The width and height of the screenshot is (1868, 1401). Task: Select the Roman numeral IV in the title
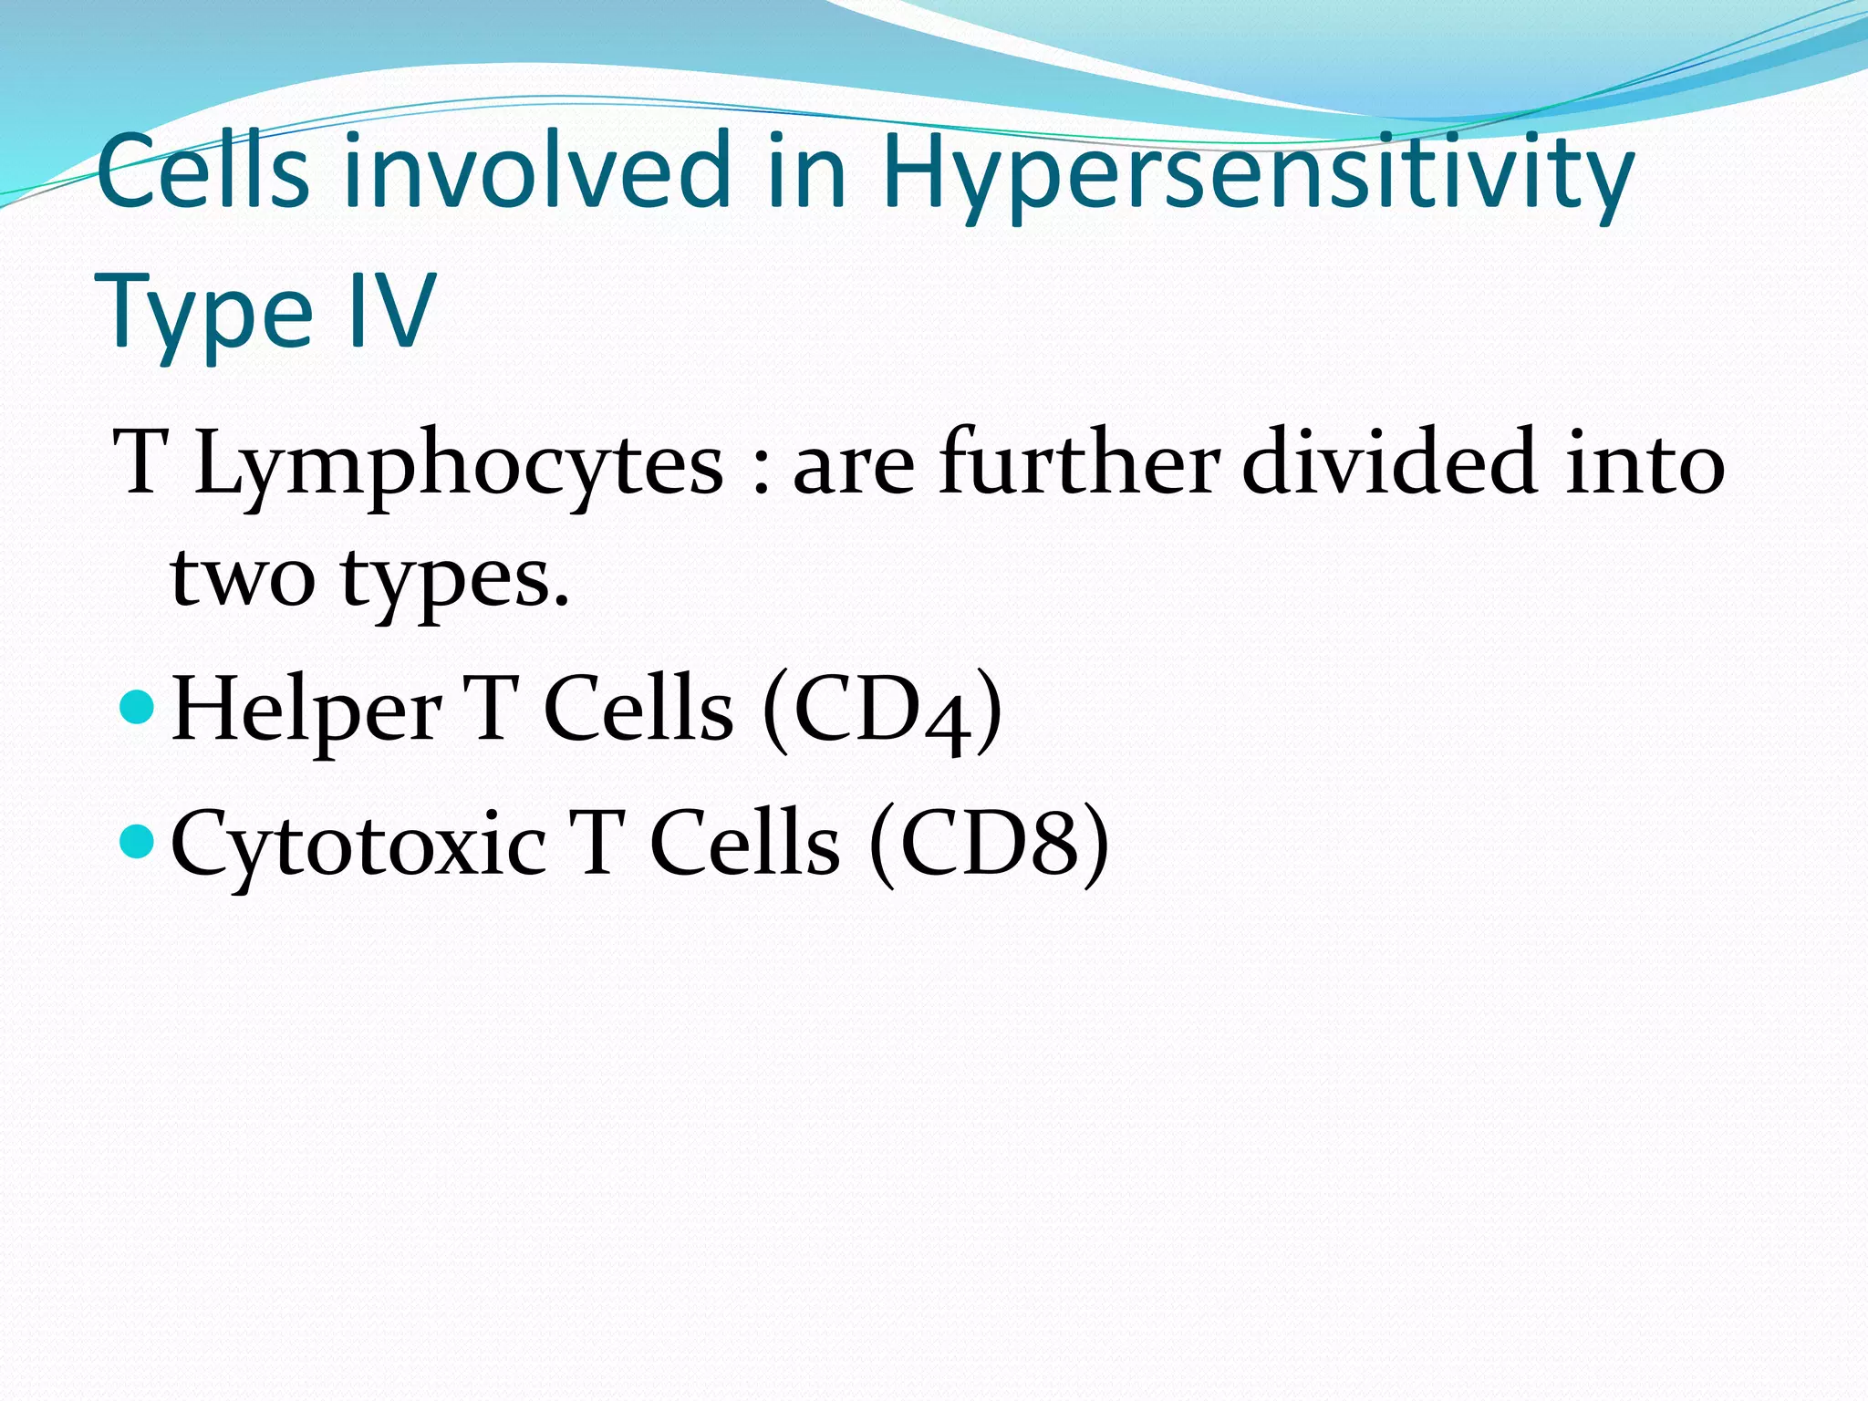[391, 311]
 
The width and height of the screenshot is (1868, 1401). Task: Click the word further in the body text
[1080, 462]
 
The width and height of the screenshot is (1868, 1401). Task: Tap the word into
[1645, 464]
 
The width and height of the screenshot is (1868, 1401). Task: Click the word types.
[455, 582]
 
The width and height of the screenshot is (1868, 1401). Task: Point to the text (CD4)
[882, 711]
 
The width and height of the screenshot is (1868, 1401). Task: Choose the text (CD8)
[989, 844]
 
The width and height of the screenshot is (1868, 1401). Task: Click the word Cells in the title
[202, 171]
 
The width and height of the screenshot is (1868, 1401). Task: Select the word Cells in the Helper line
[638, 711]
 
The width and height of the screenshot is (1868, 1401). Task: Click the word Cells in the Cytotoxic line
[744, 844]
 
